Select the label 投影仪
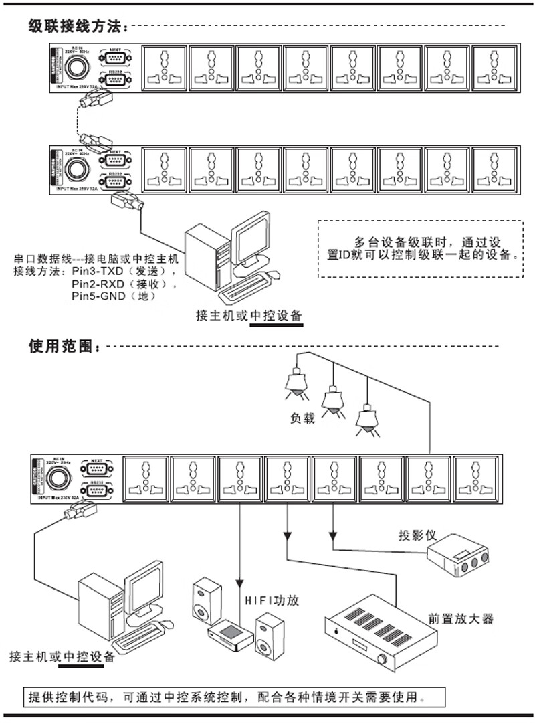[x=418, y=535]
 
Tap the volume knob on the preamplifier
[x=383, y=660]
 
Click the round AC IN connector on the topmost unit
[x=76, y=66]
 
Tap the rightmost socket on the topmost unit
[x=494, y=66]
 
